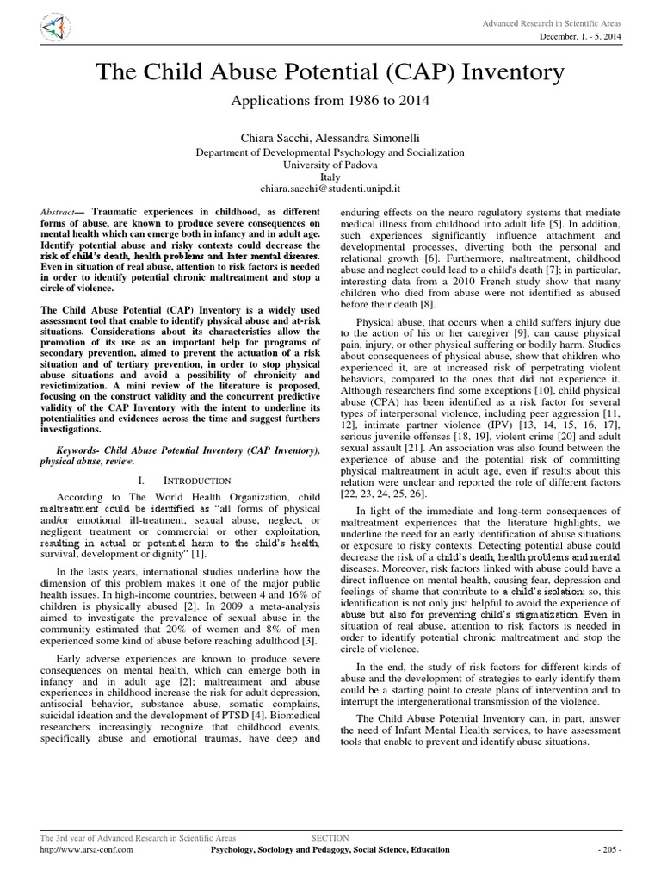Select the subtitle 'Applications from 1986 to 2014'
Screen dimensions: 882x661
pyautogui.click(x=330, y=101)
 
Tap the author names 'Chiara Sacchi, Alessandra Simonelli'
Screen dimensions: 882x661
pyautogui.click(x=330, y=137)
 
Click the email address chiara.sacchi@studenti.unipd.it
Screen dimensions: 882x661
pyautogui.click(x=330, y=186)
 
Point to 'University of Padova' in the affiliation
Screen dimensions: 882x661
pyautogui.click(x=330, y=163)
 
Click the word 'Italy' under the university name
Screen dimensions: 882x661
pyautogui.click(x=330, y=174)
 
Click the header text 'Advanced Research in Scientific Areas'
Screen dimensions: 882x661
pyautogui.click(x=557, y=21)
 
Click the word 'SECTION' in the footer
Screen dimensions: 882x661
pyautogui.click(x=330, y=837)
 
